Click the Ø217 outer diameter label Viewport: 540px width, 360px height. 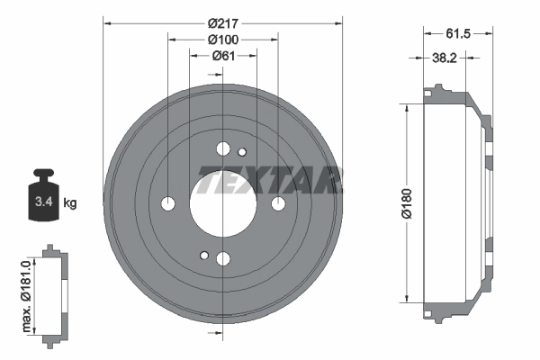[x=222, y=22]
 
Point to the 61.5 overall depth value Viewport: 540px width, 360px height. [x=459, y=34]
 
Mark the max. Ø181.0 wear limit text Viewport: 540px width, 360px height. [x=28, y=292]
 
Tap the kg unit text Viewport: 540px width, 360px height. [x=70, y=203]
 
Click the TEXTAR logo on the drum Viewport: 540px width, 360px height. [x=269, y=181]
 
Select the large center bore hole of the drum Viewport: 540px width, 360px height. [x=222, y=203]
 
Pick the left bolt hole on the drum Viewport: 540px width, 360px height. [x=167, y=203]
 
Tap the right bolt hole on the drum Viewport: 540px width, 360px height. [x=278, y=203]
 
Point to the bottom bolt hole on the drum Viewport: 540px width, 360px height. [x=222, y=259]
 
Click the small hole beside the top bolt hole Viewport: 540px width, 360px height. [x=241, y=152]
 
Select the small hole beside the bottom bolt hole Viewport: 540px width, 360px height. [x=204, y=256]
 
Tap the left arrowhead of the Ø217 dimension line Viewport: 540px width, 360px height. [x=106, y=22]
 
